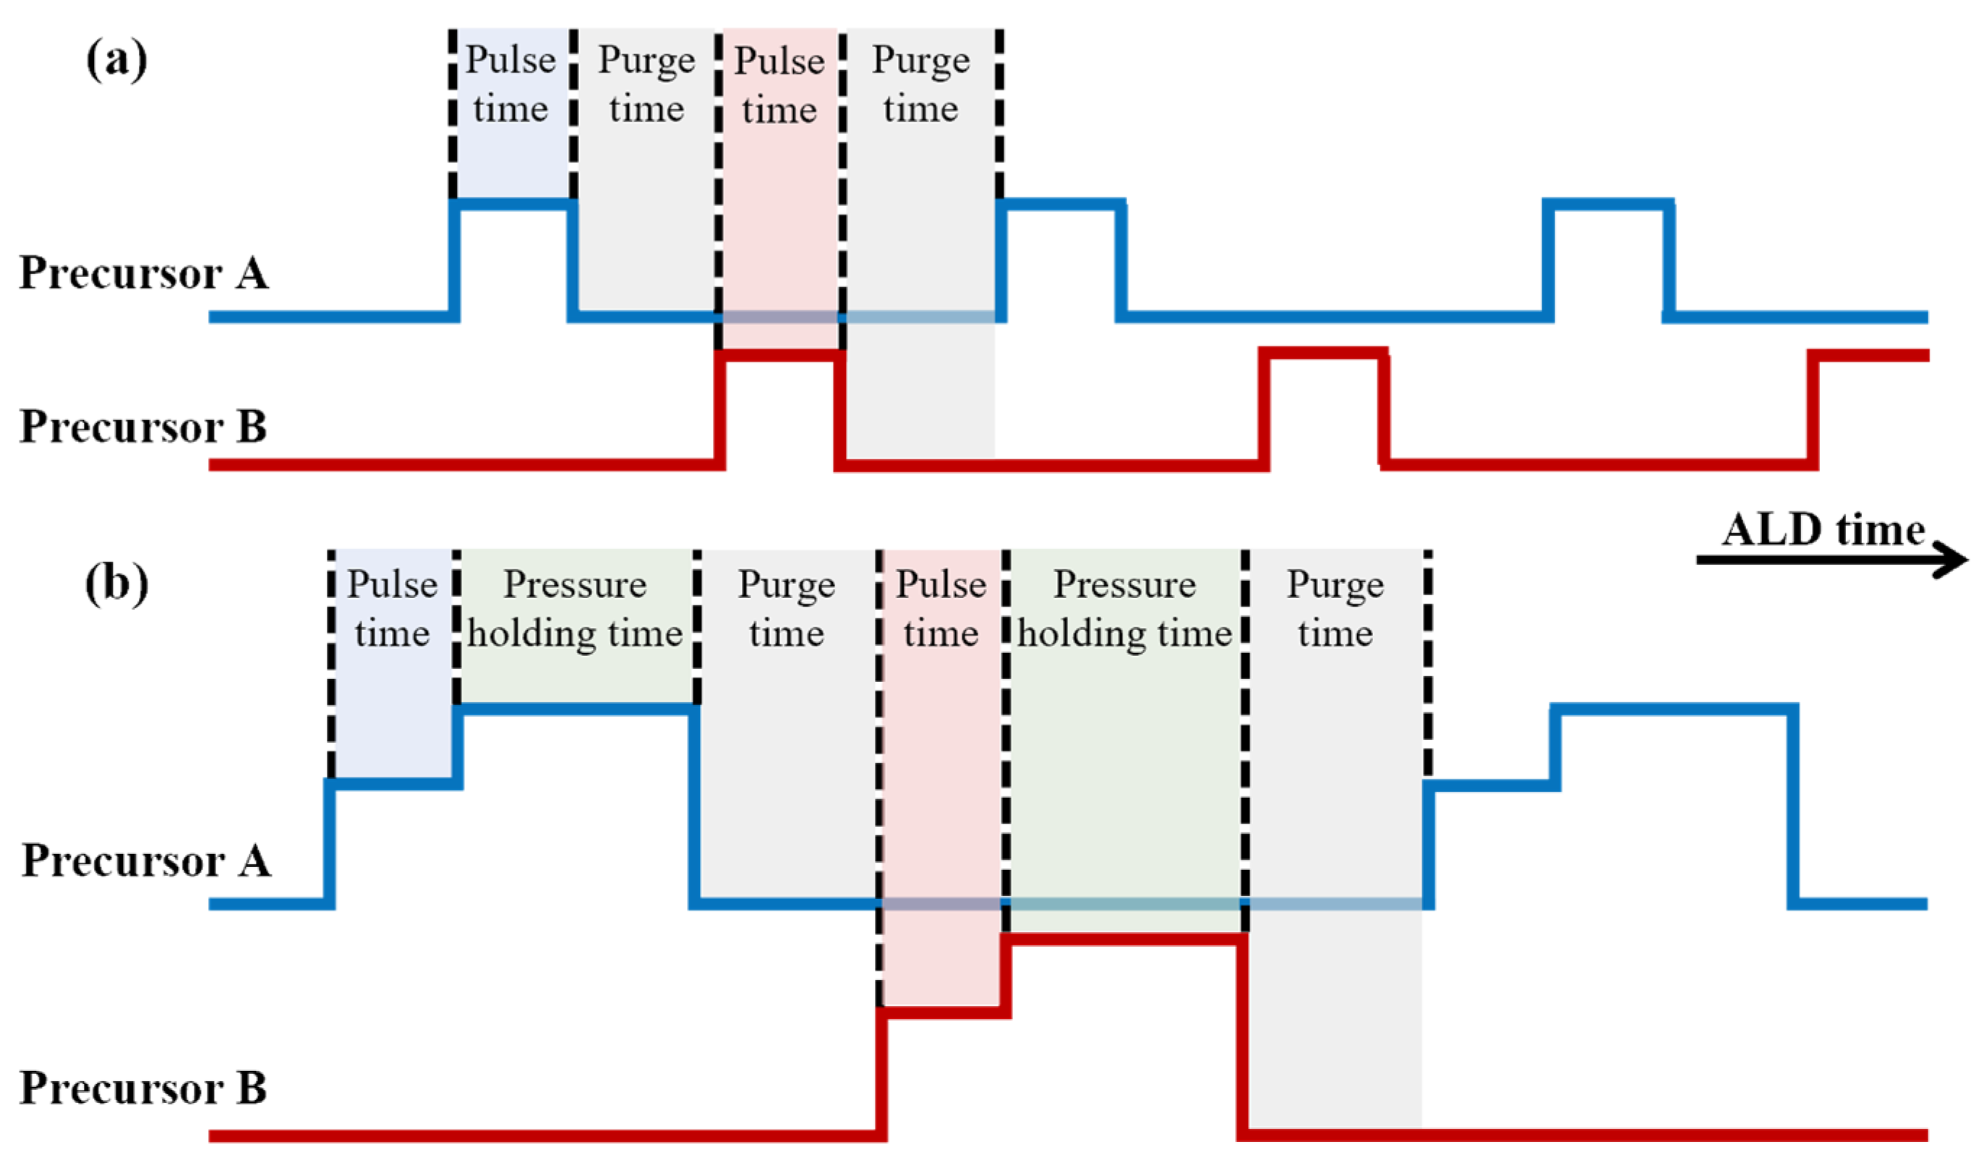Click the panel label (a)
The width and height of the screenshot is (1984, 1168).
[x=116, y=60]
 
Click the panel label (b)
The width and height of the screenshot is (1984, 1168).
[x=116, y=584]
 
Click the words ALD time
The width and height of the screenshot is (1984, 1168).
[x=1823, y=529]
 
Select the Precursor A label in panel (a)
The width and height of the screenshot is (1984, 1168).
[x=144, y=273]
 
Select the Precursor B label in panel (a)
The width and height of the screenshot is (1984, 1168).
[x=142, y=427]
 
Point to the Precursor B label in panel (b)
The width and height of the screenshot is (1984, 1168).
[x=142, y=1088]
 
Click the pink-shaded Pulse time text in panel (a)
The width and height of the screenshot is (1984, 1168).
[x=779, y=85]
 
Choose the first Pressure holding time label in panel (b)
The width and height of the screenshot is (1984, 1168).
[x=575, y=609]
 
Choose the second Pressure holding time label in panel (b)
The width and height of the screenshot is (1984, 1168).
[x=1124, y=609]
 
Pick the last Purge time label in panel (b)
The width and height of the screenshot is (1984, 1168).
[x=1335, y=609]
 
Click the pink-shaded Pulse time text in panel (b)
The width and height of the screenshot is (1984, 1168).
[x=941, y=609]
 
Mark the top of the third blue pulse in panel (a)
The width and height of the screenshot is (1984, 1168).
[x=1608, y=204]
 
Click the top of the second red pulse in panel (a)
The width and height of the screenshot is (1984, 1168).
[x=1322, y=353]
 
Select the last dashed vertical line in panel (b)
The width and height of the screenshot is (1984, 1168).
[x=1427, y=662]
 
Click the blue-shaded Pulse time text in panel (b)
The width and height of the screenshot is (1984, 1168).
[x=392, y=609]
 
